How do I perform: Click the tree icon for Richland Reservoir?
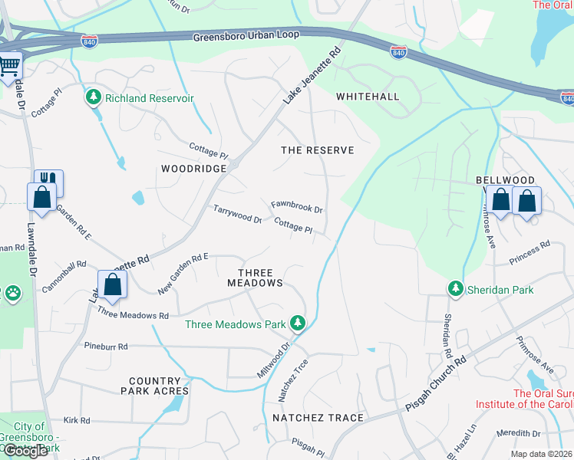(x=94, y=98)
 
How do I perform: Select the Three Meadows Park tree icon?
(x=298, y=324)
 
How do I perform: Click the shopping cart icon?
(x=9, y=66)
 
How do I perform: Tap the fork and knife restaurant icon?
(x=49, y=179)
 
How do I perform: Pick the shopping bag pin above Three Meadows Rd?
(x=112, y=284)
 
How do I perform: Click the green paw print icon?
(x=12, y=292)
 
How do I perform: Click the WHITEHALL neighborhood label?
(x=368, y=97)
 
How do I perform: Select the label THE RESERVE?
(x=318, y=150)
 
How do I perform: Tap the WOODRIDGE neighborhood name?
(x=193, y=168)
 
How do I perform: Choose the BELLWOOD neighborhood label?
(x=505, y=179)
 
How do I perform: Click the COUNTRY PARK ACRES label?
(x=154, y=386)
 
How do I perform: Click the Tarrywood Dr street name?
(x=237, y=213)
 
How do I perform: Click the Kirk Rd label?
(x=77, y=420)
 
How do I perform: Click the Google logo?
(x=26, y=450)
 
